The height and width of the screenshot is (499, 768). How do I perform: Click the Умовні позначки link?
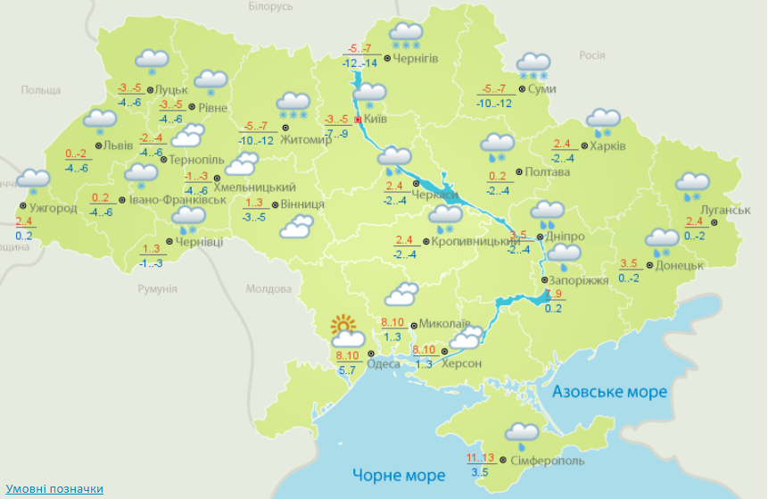point(54,489)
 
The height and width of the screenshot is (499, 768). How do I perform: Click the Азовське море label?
point(609,392)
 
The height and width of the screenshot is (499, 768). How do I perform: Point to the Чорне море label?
point(398,474)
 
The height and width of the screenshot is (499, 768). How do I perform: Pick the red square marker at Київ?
point(359,119)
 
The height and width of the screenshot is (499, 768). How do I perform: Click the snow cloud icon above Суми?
point(534,65)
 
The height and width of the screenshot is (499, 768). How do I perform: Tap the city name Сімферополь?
point(548,461)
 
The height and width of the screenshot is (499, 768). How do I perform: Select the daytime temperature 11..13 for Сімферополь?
point(481,459)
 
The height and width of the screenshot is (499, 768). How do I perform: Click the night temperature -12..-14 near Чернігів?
point(359,62)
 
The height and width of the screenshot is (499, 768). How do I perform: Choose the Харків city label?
point(607,146)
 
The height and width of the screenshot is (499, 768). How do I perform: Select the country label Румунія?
point(157,289)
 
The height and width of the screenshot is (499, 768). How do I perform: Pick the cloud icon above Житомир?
point(293,104)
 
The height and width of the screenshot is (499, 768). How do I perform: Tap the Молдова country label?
point(269,289)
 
